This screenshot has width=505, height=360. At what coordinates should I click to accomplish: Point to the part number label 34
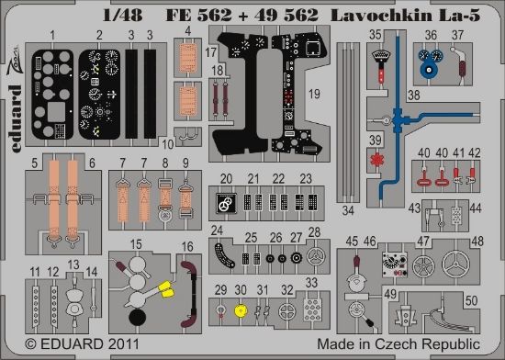347,209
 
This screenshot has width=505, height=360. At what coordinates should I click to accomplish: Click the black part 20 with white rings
222,203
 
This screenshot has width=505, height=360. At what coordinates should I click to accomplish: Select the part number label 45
352,242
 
